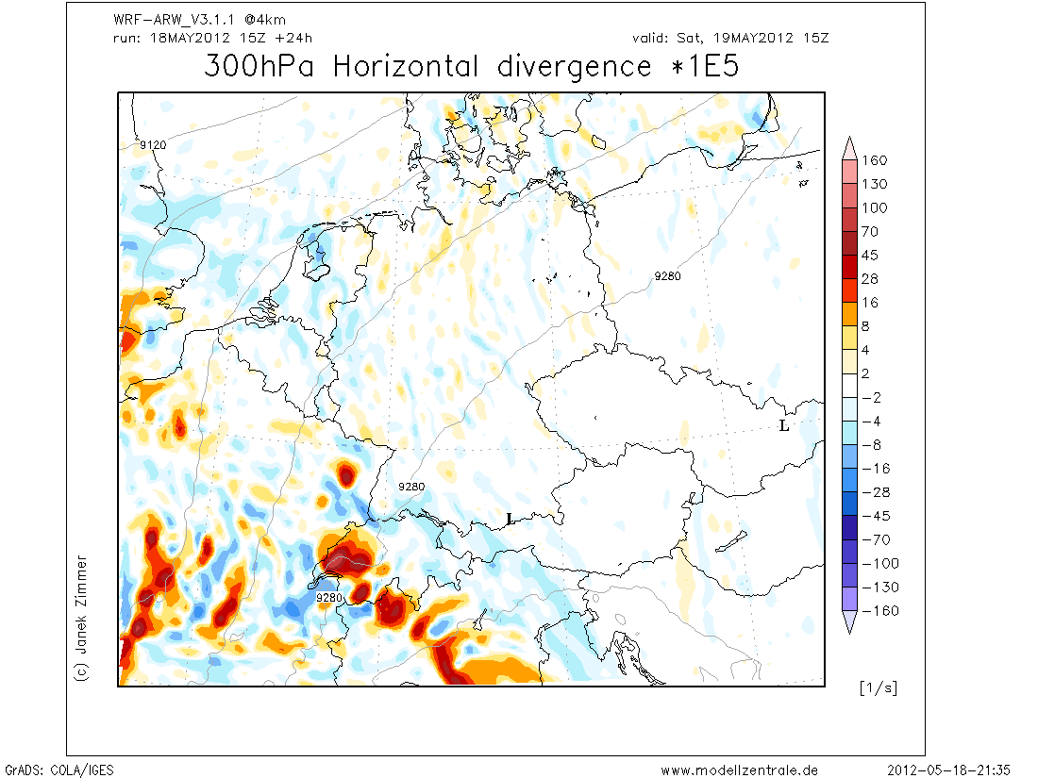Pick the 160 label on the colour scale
click(875, 160)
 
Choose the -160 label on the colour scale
click(879, 611)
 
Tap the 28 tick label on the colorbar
click(870, 279)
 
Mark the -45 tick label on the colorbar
click(875, 516)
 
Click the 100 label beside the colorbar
click(875, 207)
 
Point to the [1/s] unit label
click(878, 687)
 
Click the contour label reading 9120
click(153, 145)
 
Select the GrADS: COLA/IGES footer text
click(59, 770)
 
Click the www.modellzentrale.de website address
click(739, 770)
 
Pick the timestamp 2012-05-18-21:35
click(955, 770)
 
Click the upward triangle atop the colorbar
click(849, 145)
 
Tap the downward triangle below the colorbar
click(849, 622)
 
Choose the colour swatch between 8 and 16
click(849, 314)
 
